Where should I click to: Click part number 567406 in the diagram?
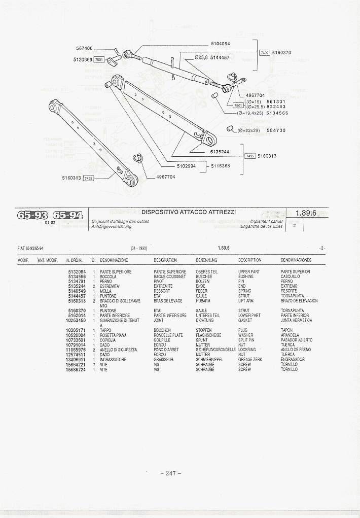[84, 48]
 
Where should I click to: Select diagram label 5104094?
[221, 44]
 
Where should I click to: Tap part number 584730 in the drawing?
[276, 130]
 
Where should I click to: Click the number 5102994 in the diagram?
[186, 166]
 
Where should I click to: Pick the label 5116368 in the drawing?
[221, 166]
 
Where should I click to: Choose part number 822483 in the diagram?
[276, 107]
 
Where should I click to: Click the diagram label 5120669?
[83, 59]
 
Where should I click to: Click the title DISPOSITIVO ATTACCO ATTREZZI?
[189, 212]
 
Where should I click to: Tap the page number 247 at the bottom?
[171, 473]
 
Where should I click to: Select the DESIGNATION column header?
[165, 260]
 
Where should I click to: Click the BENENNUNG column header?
[206, 260]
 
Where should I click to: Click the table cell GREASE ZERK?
[250, 359]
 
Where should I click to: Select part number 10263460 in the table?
[76, 321]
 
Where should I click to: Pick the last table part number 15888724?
[76, 369]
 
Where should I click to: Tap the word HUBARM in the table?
[202, 301]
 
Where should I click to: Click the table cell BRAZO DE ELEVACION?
[299, 301]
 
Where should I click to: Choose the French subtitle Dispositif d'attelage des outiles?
[120, 221]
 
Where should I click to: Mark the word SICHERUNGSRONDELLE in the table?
[215, 350]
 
